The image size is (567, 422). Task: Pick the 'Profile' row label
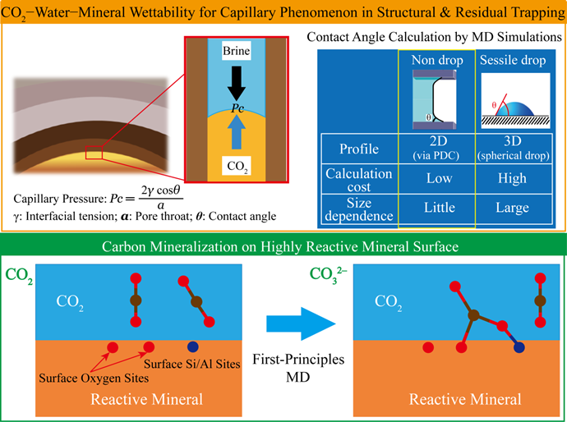[357, 149]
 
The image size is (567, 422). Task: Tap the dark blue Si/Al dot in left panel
[192, 346]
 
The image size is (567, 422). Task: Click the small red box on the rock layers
[93, 152]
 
